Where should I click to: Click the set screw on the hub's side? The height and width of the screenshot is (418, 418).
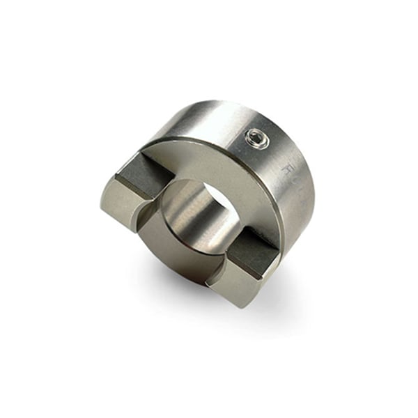tap(256, 140)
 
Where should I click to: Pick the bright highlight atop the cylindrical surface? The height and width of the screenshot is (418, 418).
tap(209, 115)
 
